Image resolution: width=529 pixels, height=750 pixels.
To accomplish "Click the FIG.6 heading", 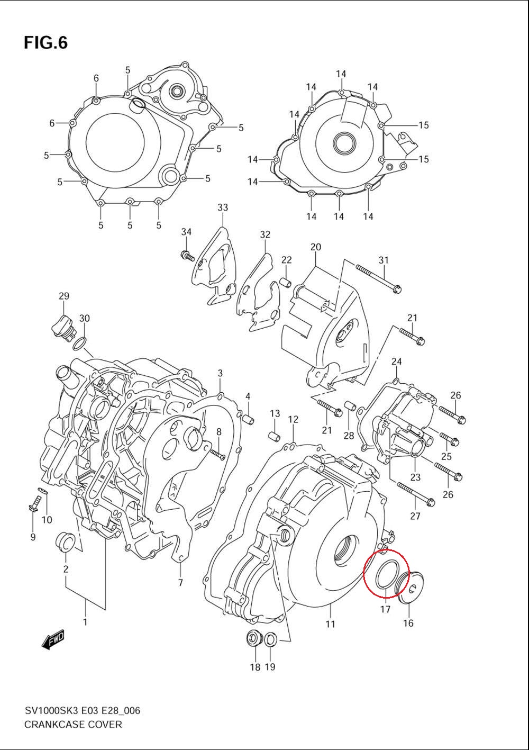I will [x=45, y=43].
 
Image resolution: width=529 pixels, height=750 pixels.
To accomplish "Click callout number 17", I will [x=385, y=609].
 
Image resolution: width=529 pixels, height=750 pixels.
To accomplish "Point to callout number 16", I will [x=408, y=623].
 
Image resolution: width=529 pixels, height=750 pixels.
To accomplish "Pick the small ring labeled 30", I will [x=79, y=344].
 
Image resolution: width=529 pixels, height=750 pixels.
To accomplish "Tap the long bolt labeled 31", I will [x=378, y=278].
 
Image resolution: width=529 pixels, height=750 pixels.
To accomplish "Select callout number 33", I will [x=222, y=207].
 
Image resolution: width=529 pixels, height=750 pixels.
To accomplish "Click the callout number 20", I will [x=316, y=247].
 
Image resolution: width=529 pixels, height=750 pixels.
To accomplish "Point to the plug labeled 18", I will [x=254, y=639].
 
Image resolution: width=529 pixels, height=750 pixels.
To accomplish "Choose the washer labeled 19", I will [x=270, y=639].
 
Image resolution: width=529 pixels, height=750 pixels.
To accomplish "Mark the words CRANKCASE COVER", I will [x=73, y=725].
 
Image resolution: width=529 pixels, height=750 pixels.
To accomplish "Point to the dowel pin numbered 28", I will [x=349, y=406].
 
